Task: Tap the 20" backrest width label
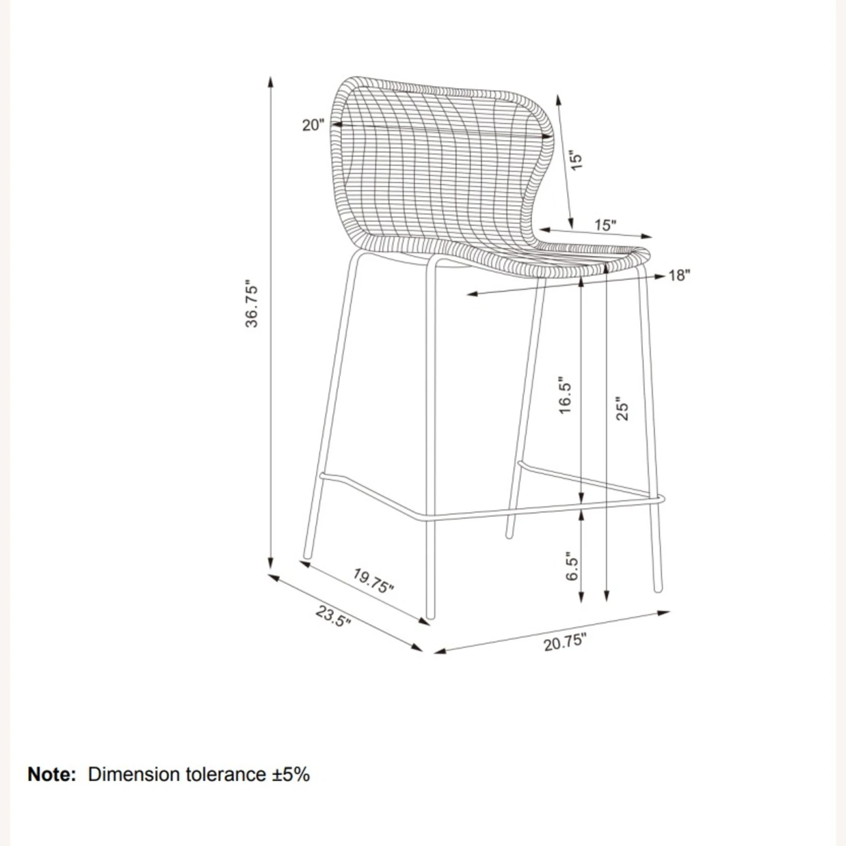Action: click(314, 125)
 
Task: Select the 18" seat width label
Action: click(679, 275)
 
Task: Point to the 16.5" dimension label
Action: click(565, 395)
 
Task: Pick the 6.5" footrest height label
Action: click(572, 566)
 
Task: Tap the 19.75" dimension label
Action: click(373, 581)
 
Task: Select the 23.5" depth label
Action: click(333, 616)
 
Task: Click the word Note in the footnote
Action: click(51, 774)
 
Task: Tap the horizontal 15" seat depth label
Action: click(605, 225)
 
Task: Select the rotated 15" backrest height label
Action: click(575, 160)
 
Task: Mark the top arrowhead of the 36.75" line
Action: click(271, 82)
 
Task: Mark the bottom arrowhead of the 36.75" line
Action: click(271, 563)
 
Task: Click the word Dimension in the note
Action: click(133, 774)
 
